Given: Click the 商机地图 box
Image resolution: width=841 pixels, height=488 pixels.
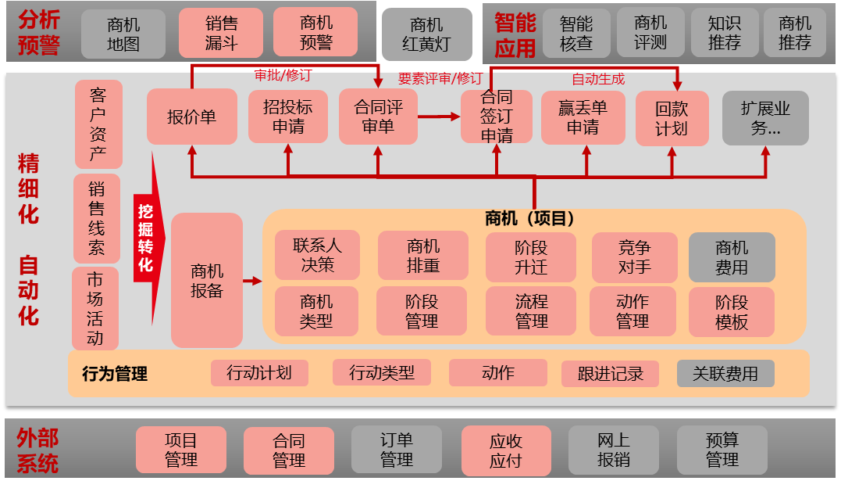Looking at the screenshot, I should pyautogui.click(x=123, y=34).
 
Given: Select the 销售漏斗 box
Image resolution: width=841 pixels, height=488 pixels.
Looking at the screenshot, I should pyautogui.click(x=221, y=33).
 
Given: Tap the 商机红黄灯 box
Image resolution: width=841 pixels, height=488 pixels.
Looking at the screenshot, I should pyautogui.click(x=426, y=35).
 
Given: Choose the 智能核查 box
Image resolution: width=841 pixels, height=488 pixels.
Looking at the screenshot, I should pyautogui.click(x=576, y=34).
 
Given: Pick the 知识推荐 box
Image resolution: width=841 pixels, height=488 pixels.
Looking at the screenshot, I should pyautogui.click(x=724, y=34).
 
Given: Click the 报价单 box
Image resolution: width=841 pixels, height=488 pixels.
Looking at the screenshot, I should pyautogui.click(x=191, y=117).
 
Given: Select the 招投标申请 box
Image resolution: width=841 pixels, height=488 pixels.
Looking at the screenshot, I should pyautogui.click(x=287, y=117).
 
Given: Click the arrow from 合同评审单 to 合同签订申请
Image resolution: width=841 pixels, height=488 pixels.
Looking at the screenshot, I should pyautogui.click(x=439, y=117).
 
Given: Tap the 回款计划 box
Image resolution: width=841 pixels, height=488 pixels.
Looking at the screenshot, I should pyautogui.click(x=672, y=118).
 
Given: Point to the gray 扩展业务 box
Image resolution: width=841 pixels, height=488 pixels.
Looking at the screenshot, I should pyautogui.click(x=764, y=117).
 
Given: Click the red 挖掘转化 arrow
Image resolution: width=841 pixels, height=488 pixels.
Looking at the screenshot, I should pyautogui.click(x=147, y=238).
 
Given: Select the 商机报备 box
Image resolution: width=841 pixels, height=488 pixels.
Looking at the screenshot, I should pyautogui.click(x=207, y=280).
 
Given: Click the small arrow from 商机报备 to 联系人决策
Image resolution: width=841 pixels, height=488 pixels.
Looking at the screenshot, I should pyautogui.click(x=252, y=280).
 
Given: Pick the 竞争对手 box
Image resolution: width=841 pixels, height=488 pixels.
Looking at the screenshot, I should pyautogui.click(x=633, y=257).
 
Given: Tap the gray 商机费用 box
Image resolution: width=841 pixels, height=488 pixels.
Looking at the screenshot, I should pyautogui.click(x=732, y=257).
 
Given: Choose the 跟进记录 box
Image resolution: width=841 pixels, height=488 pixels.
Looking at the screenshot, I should pyautogui.click(x=610, y=374).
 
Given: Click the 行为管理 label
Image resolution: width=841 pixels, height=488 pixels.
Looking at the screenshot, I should pyautogui.click(x=115, y=374).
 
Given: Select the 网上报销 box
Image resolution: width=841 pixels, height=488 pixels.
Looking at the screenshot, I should pyautogui.click(x=613, y=450).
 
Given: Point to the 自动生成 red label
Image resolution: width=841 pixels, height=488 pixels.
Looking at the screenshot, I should pyautogui.click(x=598, y=79).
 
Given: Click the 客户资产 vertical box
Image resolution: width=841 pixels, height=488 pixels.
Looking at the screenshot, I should pyautogui.click(x=98, y=124).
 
